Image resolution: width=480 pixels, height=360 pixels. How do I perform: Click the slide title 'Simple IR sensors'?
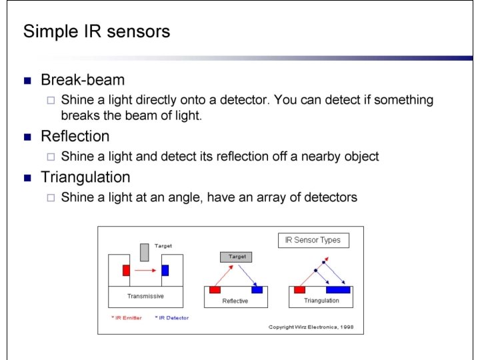(97, 31)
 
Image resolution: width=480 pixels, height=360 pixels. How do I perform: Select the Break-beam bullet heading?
(83, 81)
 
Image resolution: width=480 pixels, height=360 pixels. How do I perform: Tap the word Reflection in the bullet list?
(75, 137)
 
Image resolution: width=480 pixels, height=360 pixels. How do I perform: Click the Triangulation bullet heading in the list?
(85, 177)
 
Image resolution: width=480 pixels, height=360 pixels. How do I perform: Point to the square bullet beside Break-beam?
(27, 81)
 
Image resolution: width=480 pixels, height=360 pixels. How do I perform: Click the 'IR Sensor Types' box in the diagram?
(313, 240)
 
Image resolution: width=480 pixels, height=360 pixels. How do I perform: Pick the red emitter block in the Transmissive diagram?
(126, 270)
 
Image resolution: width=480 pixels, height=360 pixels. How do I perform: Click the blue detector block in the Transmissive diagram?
(165, 270)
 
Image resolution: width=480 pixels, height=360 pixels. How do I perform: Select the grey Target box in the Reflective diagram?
(237, 257)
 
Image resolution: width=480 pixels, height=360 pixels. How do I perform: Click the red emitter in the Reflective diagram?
(215, 289)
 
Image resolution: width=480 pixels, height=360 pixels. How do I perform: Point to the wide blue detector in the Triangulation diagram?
(338, 289)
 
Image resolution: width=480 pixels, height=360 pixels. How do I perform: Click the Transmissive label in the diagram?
(145, 296)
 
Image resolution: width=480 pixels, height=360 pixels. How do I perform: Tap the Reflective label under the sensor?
(235, 301)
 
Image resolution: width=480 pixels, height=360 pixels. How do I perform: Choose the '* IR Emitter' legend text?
(127, 318)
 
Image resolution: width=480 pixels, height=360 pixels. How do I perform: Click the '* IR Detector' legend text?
(172, 318)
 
